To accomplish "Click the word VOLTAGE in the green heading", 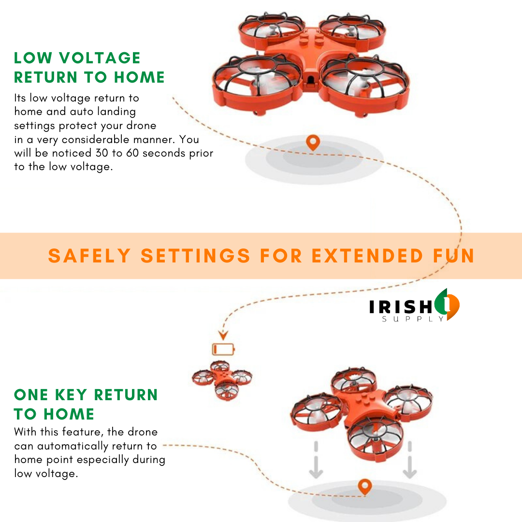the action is (x=100, y=58).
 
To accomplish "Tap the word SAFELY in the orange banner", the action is (x=89, y=256).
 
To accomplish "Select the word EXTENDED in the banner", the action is (x=367, y=256).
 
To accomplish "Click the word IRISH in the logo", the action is (x=401, y=306).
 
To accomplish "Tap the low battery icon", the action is (x=223, y=349).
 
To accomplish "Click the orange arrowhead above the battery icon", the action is (x=223, y=334).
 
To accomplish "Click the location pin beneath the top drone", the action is (x=313, y=143).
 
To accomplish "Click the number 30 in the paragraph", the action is (x=102, y=153).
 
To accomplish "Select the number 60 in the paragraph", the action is (x=132, y=153).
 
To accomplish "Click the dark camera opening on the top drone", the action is (x=311, y=79).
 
